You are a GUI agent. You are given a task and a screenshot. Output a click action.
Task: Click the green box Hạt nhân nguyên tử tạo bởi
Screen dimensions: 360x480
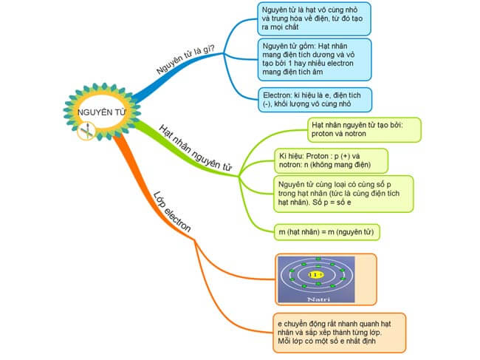365,130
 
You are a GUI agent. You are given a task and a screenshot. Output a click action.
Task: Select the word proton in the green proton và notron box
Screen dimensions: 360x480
324,136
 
